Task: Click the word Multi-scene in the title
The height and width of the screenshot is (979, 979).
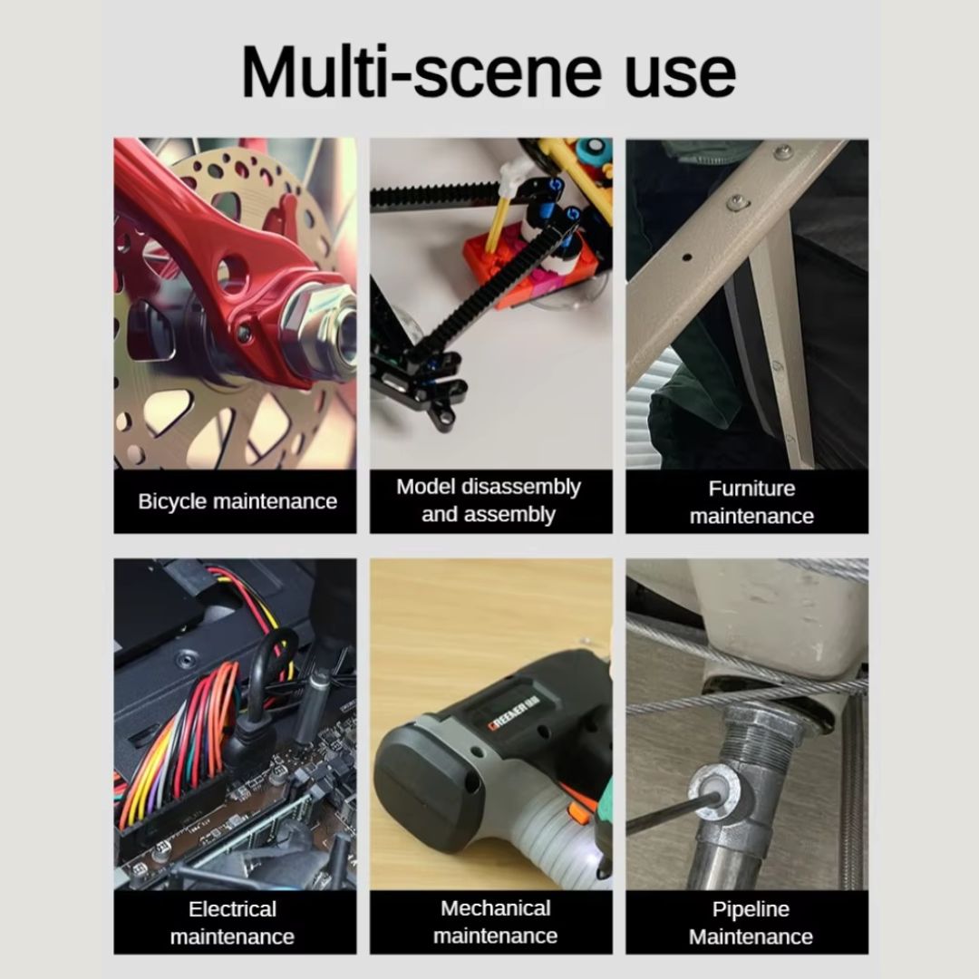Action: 422,72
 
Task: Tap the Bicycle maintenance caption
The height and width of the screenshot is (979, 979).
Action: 237,501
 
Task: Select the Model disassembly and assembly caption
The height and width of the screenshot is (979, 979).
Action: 489,500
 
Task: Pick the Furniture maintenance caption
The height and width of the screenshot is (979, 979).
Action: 751,502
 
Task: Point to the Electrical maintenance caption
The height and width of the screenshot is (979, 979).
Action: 232,923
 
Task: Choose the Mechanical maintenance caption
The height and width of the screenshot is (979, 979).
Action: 496,922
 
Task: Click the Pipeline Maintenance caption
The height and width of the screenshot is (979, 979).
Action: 751,923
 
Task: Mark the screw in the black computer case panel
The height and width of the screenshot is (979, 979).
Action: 186,657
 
